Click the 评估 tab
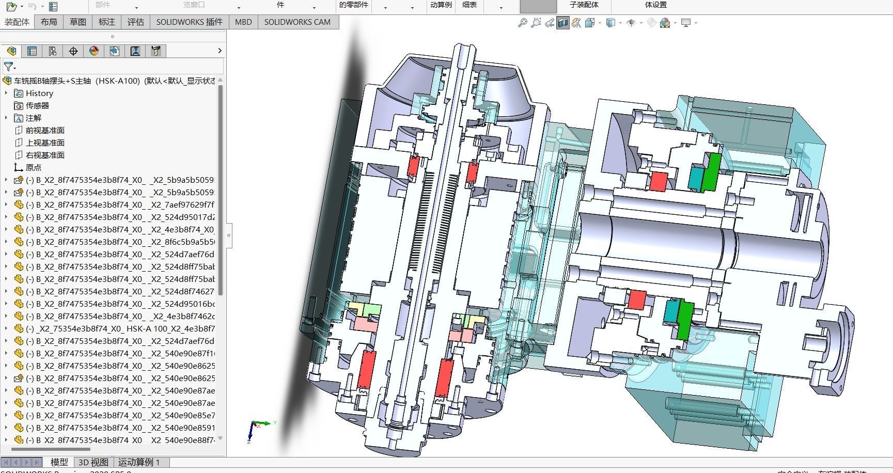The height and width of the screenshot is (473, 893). point(136,22)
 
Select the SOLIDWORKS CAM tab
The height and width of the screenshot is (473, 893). point(297,22)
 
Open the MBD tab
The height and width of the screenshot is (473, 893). point(243,22)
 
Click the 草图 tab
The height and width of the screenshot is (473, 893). point(78,22)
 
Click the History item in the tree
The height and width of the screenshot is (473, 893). point(39,93)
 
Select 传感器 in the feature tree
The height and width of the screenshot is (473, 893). point(37,105)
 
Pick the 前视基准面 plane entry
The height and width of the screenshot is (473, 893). point(45,130)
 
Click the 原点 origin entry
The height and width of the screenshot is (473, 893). point(34,167)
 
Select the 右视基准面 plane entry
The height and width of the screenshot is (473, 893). point(45,155)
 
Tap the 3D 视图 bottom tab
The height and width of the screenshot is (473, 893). point(93,462)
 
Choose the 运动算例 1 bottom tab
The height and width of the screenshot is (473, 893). point(139,462)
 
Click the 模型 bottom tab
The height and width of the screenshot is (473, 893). point(59,462)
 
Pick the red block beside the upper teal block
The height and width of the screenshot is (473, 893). point(659,182)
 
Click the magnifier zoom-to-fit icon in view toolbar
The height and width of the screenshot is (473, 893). point(522,23)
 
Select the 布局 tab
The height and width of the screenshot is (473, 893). point(49,22)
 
